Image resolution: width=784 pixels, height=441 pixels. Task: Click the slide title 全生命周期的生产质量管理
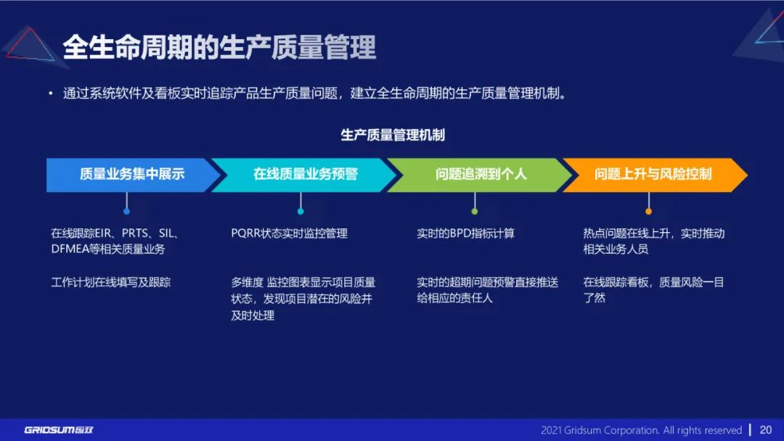219,48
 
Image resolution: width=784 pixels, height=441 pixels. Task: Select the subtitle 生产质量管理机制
393,135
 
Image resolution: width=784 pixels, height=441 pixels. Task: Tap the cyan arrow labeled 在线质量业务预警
305,175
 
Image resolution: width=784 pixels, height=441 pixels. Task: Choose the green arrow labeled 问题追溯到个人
481,175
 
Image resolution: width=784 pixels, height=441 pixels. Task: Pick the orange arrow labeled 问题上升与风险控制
653,175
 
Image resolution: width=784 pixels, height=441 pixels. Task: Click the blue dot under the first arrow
126,211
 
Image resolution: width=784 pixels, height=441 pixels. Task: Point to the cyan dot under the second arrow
301,211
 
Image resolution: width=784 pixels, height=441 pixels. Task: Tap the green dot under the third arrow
475,211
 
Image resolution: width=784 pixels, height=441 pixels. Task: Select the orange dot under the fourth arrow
648,211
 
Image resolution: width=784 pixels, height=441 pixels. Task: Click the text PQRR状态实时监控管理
289,234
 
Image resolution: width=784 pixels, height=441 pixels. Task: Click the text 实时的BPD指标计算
465,234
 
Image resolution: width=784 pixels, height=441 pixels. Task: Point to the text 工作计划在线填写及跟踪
110,282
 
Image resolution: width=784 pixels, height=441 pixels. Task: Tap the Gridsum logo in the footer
59,429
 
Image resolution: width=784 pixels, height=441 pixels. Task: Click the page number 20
765,429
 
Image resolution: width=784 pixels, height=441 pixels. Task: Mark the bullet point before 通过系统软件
50,94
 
